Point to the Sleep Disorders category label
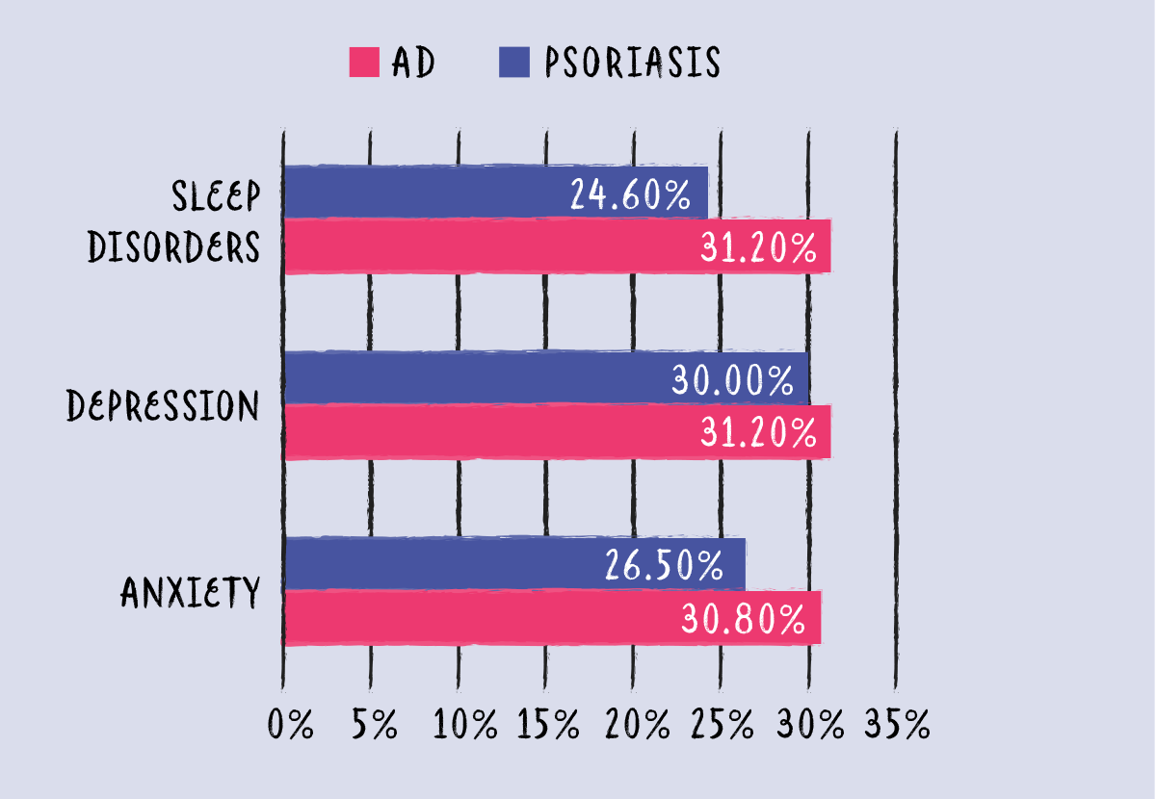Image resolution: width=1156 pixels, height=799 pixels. coord(174,222)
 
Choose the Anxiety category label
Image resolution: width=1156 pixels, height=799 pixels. coord(191,592)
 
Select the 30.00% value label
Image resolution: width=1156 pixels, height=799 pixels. coord(731,381)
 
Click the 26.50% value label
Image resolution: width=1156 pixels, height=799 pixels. coord(665,566)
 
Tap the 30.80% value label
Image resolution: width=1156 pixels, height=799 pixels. coord(743,619)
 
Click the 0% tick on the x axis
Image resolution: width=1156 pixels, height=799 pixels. coord(290,725)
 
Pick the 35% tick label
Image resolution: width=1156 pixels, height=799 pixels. coord(897,725)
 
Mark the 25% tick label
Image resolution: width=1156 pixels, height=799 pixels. coord(722,725)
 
